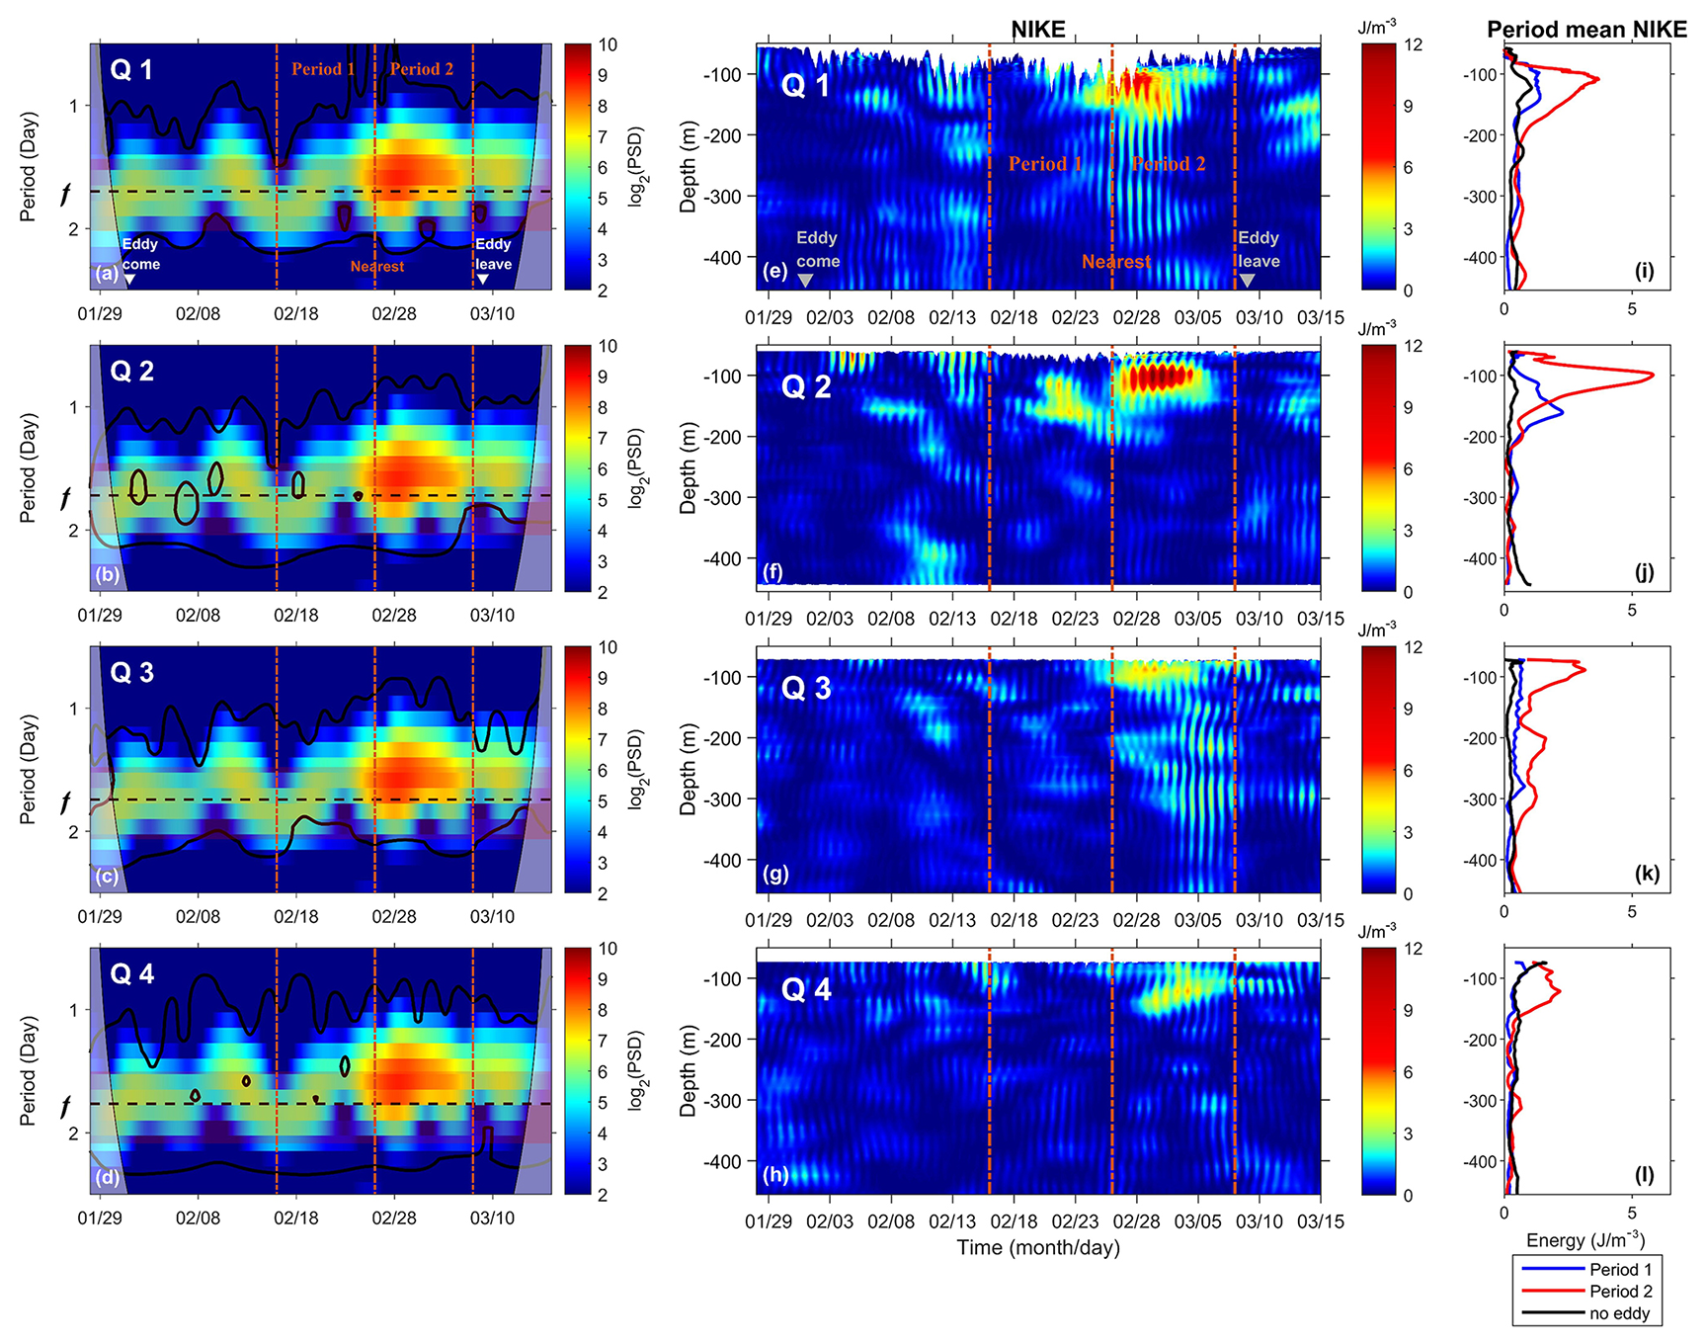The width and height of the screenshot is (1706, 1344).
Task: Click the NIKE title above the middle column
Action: (x=1038, y=30)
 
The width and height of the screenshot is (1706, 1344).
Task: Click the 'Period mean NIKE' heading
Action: (x=1586, y=30)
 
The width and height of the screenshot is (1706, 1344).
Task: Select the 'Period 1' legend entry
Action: (x=1620, y=1270)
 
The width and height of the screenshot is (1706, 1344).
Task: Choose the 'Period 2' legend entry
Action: (x=1620, y=1292)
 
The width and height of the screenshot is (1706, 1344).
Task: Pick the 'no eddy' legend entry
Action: (x=1619, y=1313)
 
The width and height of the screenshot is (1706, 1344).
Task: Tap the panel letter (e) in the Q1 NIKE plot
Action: (x=774, y=270)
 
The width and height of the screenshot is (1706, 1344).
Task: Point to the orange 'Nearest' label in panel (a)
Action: (x=377, y=267)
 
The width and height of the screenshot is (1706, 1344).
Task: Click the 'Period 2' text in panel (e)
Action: (x=1169, y=164)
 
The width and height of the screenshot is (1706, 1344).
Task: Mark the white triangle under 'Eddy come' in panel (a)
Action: (x=130, y=280)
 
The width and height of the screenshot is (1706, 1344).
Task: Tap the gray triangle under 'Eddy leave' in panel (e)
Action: (x=1248, y=281)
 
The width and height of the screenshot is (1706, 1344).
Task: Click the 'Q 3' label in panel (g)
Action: (x=807, y=688)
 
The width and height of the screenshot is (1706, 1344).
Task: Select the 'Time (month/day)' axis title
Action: (x=1038, y=1247)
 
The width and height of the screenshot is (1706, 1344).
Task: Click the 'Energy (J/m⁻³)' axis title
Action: (x=1585, y=1240)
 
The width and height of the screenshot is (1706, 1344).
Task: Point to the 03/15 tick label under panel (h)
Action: (x=1321, y=1221)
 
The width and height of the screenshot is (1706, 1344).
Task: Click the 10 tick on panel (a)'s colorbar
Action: (x=608, y=44)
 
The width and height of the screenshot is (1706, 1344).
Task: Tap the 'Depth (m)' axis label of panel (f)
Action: (x=689, y=467)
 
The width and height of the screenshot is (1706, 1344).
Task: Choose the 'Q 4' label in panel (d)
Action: (x=132, y=974)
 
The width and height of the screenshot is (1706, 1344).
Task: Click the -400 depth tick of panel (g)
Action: (x=723, y=861)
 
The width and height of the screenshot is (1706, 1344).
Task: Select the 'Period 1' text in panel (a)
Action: (x=323, y=69)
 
